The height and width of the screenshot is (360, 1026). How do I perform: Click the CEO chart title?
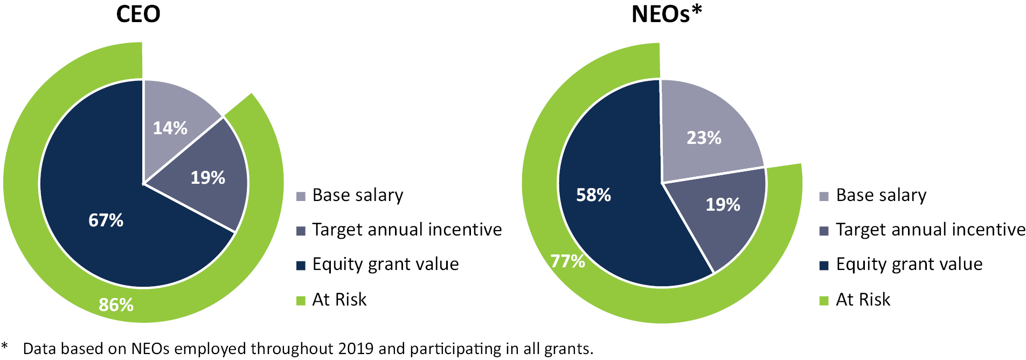(138, 14)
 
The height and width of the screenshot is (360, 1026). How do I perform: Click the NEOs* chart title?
(667, 14)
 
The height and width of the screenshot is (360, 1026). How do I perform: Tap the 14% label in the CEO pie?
(170, 128)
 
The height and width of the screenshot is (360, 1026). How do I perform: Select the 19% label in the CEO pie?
(208, 178)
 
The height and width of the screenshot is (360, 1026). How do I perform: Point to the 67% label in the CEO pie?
(106, 220)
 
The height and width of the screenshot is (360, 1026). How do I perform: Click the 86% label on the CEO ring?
(116, 305)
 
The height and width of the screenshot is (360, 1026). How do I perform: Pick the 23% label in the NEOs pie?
(704, 138)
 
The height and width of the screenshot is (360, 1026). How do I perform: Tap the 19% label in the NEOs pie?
(723, 205)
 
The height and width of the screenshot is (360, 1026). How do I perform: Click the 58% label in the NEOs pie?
(594, 195)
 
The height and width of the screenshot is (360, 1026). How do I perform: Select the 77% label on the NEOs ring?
(568, 261)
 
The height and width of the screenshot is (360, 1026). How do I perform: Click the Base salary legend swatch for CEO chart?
(301, 196)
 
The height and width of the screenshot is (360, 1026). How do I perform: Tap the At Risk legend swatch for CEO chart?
(301, 300)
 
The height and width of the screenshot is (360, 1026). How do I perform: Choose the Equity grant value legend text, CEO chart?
(385, 264)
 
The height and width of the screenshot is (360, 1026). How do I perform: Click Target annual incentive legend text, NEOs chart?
(930, 230)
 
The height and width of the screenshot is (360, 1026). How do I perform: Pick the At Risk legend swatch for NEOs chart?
(824, 300)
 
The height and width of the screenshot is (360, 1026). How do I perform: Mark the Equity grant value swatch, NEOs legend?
(824, 265)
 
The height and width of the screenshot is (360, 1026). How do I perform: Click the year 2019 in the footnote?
(356, 349)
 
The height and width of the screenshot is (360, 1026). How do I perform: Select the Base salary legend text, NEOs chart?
(881, 195)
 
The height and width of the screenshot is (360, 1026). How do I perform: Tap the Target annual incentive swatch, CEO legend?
(301, 231)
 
